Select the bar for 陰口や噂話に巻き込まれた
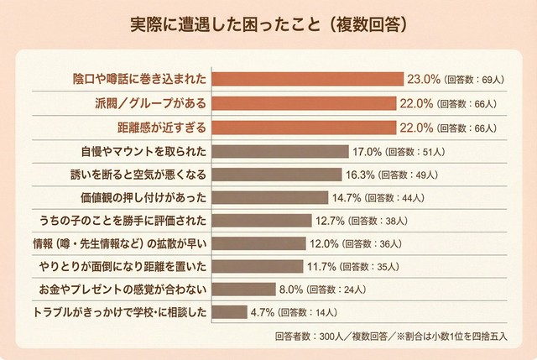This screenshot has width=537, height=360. coord(307,79)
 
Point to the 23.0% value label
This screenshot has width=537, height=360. coord(424,79)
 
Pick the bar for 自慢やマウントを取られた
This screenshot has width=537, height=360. coord(280,152)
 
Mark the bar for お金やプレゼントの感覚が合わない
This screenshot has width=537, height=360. coord(243,290)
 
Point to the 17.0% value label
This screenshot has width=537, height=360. coord(366,152)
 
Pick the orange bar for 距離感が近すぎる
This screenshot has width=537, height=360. coord(304,128)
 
